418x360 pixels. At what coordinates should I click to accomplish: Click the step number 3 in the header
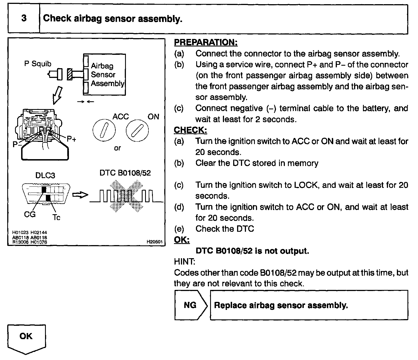pyautogui.click(x=24, y=18)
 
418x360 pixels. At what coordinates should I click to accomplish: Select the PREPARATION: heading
pyautogui.click(x=206, y=42)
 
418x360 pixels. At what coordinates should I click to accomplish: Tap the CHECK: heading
pyautogui.click(x=190, y=130)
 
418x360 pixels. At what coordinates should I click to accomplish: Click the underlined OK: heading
pyautogui.click(x=182, y=240)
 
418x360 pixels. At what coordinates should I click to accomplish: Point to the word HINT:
pyautogui.click(x=185, y=262)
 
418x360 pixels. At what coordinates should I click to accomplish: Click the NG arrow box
pyautogui.click(x=191, y=305)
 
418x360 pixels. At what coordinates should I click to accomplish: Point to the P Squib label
pyautogui.click(x=38, y=64)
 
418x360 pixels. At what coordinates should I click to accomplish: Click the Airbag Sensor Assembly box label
pyautogui.click(x=107, y=75)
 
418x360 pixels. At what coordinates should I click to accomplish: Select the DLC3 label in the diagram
pyautogui.click(x=45, y=176)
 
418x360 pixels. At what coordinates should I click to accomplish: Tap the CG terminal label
pyautogui.click(x=30, y=214)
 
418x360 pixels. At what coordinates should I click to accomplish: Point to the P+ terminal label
pyautogui.click(x=71, y=139)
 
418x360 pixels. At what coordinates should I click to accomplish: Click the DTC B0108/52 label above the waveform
pyautogui.click(x=125, y=173)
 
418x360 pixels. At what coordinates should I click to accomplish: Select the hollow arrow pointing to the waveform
pyautogui.click(x=80, y=195)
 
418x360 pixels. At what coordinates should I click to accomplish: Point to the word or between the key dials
pyautogui.click(x=117, y=148)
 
